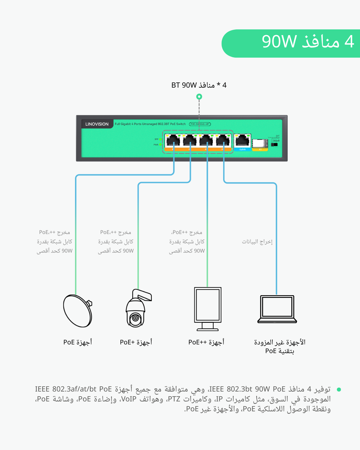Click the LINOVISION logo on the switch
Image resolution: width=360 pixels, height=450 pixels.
(97, 124)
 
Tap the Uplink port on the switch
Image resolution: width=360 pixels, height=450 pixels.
(242, 141)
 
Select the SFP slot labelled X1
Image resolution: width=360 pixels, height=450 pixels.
(260, 143)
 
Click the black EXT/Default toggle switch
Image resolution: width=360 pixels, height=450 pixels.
(274, 145)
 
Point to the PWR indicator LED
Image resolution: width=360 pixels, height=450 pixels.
(160, 145)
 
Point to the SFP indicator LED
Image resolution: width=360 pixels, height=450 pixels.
(160, 139)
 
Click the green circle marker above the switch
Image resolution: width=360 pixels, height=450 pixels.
(199, 97)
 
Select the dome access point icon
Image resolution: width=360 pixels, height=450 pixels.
(77, 311)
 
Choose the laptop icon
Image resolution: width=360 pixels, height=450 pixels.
(277, 309)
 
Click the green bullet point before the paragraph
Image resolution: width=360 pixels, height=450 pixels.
(339, 389)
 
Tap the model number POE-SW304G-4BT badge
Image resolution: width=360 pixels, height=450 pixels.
(200, 124)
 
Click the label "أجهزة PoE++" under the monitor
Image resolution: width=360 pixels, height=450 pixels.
(206, 342)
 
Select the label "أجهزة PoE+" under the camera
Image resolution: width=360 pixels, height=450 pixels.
(136, 342)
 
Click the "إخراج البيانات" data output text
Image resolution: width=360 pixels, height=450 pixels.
(257, 241)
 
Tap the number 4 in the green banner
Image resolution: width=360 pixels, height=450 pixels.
(349, 42)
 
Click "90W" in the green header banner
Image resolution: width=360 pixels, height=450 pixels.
(279, 42)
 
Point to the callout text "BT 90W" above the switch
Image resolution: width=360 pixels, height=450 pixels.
(184, 85)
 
